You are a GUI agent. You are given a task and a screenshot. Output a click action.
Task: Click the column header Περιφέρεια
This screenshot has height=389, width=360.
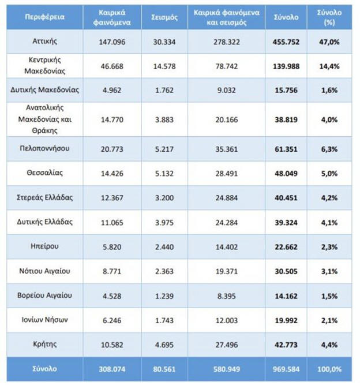click(44, 17)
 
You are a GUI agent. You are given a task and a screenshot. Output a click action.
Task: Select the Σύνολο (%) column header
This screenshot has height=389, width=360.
click(329, 17)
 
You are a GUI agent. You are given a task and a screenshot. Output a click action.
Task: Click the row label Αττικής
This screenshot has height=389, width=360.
click(44, 42)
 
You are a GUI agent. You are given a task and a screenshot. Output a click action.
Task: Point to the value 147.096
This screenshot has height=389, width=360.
click(111, 42)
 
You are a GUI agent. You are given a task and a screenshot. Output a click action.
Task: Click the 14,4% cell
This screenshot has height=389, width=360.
click(329, 66)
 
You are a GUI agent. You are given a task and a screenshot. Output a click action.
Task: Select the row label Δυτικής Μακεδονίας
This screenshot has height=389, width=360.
click(44, 89)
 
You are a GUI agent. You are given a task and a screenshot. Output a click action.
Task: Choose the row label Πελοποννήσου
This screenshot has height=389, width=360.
click(44, 148)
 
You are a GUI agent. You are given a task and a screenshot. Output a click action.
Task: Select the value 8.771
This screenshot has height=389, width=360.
click(111, 271)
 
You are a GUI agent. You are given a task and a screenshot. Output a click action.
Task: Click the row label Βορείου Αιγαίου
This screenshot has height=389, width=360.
click(44, 296)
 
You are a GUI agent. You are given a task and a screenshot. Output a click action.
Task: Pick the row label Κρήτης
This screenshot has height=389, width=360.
click(44, 344)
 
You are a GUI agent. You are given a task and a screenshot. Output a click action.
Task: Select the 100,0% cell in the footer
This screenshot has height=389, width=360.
click(329, 369)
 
